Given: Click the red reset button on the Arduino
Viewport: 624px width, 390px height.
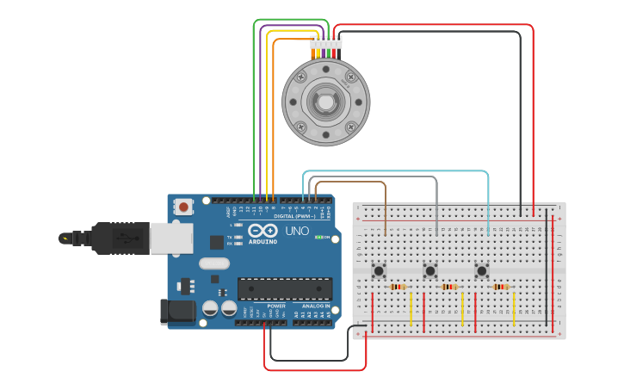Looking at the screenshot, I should click(184, 207).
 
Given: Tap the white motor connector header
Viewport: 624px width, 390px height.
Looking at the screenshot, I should click(326, 42).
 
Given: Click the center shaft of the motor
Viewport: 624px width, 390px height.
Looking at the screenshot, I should click(326, 102).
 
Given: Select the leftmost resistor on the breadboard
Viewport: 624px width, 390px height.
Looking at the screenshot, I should click(398, 287).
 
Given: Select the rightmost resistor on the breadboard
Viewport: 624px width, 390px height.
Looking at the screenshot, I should click(501, 287).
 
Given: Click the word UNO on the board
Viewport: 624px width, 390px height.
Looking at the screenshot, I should click(296, 232).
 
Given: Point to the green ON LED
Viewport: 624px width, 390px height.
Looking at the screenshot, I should click(319, 237).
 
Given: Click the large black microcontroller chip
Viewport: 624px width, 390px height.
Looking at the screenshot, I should click(284, 290).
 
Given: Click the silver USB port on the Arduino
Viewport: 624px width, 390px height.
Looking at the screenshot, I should click(170, 238).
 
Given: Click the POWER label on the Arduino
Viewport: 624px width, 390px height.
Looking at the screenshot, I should click(276, 306).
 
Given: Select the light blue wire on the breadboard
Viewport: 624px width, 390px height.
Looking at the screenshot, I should click(488, 207).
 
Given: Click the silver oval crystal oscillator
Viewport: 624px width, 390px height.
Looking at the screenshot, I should click(215, 263).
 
